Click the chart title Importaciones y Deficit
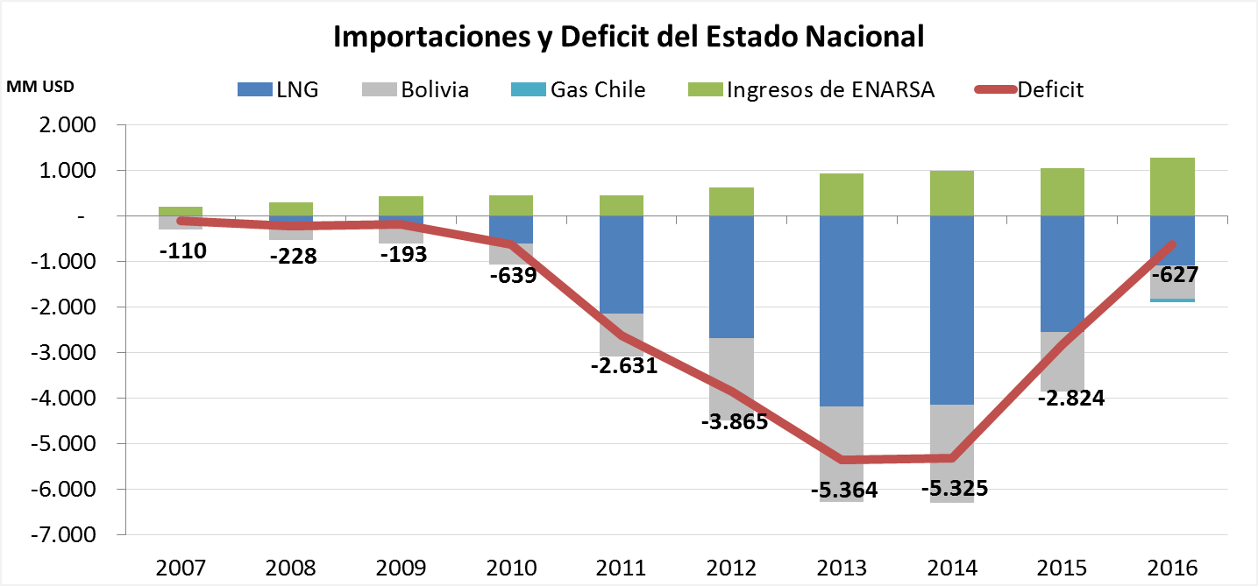(629, 37)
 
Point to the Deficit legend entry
(1030, 89)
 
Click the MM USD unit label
(41, 87)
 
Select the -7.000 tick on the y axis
(67, 534)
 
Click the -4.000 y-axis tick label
(67, 398)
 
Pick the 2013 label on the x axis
(841, 567)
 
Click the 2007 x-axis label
(181, 567)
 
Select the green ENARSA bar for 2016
(1173, 187)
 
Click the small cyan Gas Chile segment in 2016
(1173, 300)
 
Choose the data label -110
(181, 251)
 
